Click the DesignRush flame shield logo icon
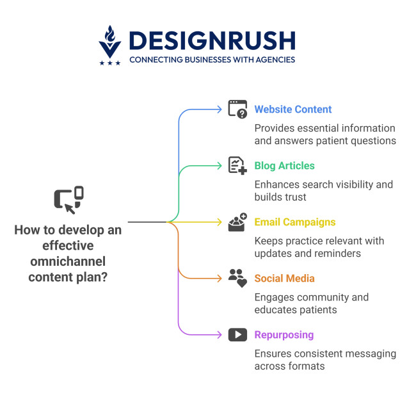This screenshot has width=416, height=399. tap(109, 42)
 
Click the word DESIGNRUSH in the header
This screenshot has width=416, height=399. tap(211, 41)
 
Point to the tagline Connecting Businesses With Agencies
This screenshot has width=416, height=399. tap(212, 60)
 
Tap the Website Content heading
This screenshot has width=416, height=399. tap(293, 110)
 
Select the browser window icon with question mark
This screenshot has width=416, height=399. tap(237, 109)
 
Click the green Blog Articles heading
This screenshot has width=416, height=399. tap(284, 166)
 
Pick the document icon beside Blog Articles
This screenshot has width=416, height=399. tap(237, 165)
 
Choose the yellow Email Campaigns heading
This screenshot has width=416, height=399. tap(295, 222)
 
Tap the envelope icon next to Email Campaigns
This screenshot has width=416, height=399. tap(237, 222)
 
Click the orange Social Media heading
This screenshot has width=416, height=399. tap(284, 279)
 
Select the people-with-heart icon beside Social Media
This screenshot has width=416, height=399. tap(237, 278)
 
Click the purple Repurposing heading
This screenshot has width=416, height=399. tap(284, 335)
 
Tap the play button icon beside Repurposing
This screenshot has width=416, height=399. tap(237, 334)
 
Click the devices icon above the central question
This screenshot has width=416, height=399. tap(68, 200)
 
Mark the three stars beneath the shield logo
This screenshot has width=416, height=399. tap(109, 63)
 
